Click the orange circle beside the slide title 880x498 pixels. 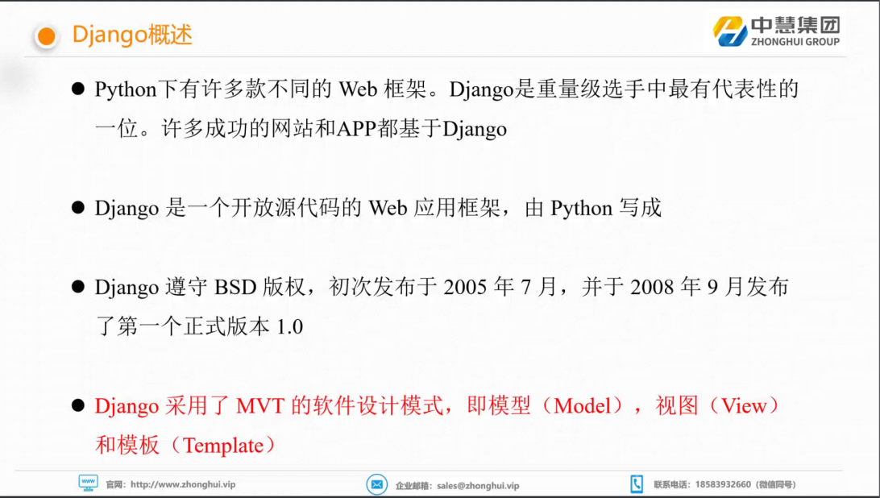(x=46, y=37)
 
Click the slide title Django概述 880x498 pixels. (x=132, y=35)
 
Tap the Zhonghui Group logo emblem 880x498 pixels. (x=730, y=31)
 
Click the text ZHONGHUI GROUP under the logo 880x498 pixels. (x=795, y=42)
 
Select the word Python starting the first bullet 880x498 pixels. (x=126, y=89)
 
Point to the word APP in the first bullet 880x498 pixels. (x=356, y=129)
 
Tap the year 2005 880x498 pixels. (x=466, y=288)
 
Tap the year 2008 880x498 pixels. (x=652, y=288)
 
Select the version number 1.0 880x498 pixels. (x=289, y=326)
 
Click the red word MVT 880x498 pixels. (x=260, y=406)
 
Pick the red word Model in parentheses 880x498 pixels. (x=582, y=406)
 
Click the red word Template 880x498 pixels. (x=223, y=446)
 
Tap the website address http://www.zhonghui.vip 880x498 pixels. (x=183, y=484)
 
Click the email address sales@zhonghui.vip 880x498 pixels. (x=478, y=486)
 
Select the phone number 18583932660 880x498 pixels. (x=723, y=484)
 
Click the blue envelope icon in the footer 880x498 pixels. (x=376, y=484)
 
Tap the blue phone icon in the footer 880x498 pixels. (x=637, y=484)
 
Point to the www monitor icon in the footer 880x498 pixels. (x=88, y=483)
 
